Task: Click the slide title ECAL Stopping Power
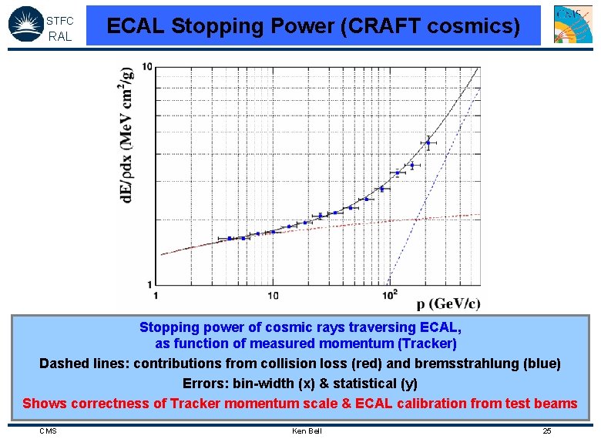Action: pyautogui.click(x=313, y=26)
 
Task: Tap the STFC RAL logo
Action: pyautogui.click(x=42, y=24)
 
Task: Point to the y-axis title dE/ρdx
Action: pyautogui.click(x=128, y=134)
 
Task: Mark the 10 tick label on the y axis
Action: pyautogui.click(x=146, y=68)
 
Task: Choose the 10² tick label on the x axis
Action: pyautogui.click(x=390, y=294)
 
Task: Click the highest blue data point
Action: pyautogui.click(x=428, y=142)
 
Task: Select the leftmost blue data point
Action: pyautogui.click(x=230, y=239)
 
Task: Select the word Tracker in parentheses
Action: pyautogui.click(x=428, y=343)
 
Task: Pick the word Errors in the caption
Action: pyautogui.click(x=203, y=383)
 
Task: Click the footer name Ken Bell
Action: pyautogui.click(x=307, y=431)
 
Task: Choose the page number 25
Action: pyautogui.click(x=546, y=431)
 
